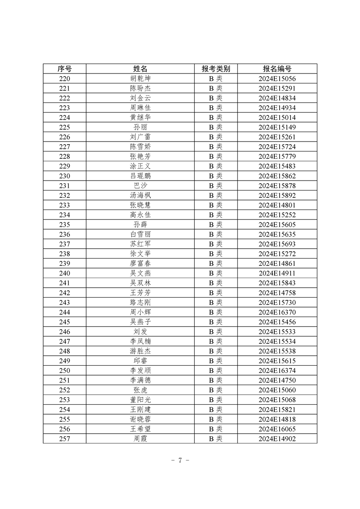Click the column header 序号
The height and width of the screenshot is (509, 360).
64,69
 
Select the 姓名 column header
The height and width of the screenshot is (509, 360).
140,69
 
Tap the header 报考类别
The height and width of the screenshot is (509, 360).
216,69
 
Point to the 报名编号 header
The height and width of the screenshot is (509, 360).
277,69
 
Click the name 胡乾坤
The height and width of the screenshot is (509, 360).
140,78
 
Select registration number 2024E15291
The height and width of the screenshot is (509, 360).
277,88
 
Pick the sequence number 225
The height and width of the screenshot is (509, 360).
64,127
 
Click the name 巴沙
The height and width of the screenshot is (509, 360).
140,185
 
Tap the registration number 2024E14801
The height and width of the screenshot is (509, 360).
277,205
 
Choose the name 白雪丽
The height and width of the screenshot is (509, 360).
140,234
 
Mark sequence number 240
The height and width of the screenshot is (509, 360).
64,273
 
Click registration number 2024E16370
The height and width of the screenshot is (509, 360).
277,312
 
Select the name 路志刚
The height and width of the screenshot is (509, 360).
140,302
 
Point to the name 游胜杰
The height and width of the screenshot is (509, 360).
140,351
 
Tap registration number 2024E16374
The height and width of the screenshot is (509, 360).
277,370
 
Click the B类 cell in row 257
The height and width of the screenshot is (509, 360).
216,438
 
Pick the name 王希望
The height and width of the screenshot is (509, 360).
140,429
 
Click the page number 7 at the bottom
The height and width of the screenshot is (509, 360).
180,460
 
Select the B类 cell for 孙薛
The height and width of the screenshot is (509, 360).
216,224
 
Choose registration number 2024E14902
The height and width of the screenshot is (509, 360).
277,438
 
